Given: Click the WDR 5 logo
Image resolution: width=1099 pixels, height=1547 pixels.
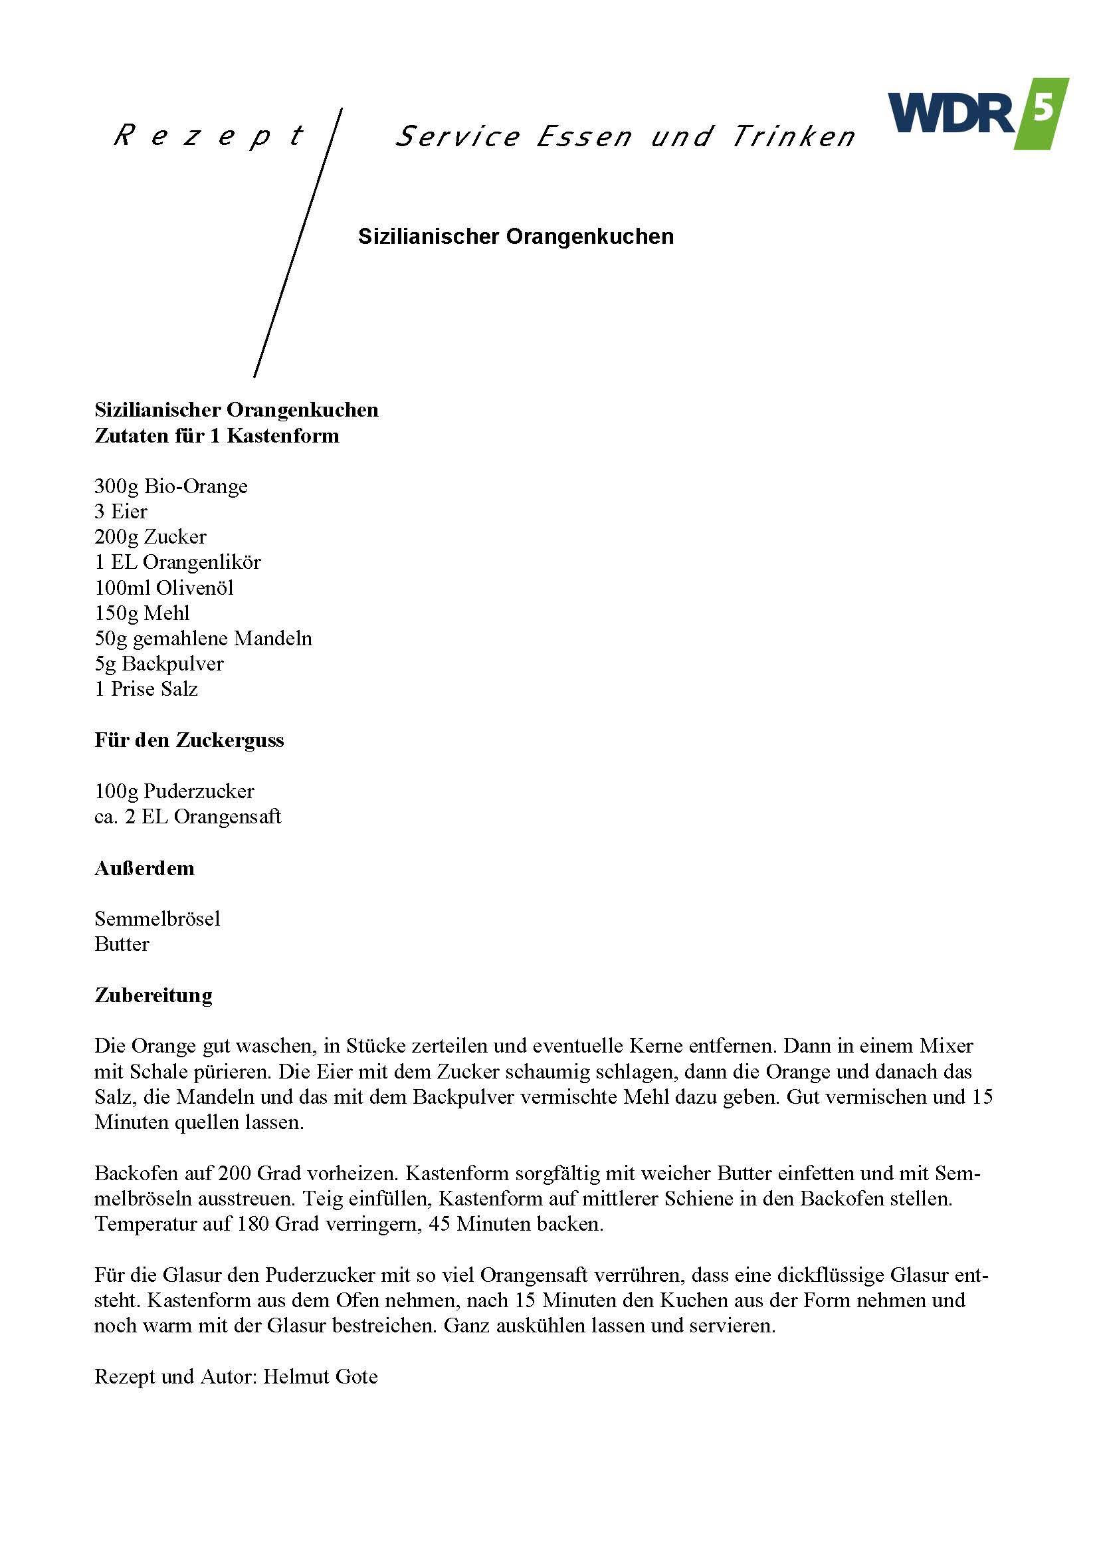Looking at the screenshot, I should pyautogui.click(x=978, y=114).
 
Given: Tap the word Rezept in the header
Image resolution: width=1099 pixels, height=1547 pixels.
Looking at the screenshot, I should pyautogui.click(x=209, y=136).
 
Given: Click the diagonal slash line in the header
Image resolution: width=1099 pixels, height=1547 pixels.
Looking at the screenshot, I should pyautogui.click(x=298, y=243).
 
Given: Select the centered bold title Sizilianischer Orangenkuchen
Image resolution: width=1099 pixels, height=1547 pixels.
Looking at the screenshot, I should pyautogui.click(x=516, y=236).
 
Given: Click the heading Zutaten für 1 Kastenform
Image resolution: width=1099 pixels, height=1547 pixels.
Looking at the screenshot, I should pyautogui.click(x=217, y=435).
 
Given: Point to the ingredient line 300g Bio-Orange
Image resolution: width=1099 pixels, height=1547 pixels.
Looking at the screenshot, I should pyautogui.click(x=171, y=486).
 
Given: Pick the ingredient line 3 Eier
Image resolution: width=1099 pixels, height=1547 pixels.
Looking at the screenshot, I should pyautogui.click(x=121, y=512).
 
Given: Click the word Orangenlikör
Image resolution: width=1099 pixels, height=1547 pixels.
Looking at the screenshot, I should pyautogui.click(x=202, y=562).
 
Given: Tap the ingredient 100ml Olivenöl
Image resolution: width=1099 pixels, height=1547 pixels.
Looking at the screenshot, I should pyautogui.click(x=164, y=587).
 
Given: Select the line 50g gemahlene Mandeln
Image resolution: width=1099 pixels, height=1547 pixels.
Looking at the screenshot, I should pyautogui.click(x=204, y=638).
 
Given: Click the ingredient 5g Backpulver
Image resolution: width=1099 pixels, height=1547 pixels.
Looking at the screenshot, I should pyautogui.click(x=159, y=664).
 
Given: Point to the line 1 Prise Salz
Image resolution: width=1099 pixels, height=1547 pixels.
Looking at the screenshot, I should pyautogui.click(x=146, y=689).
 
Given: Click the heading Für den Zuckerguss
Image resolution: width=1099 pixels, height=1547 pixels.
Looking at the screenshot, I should pyautogui.click(x=189, y=740).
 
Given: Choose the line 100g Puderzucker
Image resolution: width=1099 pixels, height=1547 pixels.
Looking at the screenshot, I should pyautogui.click(x=175, y=790).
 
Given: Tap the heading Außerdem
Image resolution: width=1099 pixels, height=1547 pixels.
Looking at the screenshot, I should pyautogui.click(x=145, y=869).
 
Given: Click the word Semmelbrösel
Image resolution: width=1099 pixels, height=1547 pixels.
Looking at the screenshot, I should pyautogui.click(x=157, y=918).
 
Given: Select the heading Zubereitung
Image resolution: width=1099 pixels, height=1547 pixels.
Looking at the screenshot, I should pyautogui.click(x=153, y=995).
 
